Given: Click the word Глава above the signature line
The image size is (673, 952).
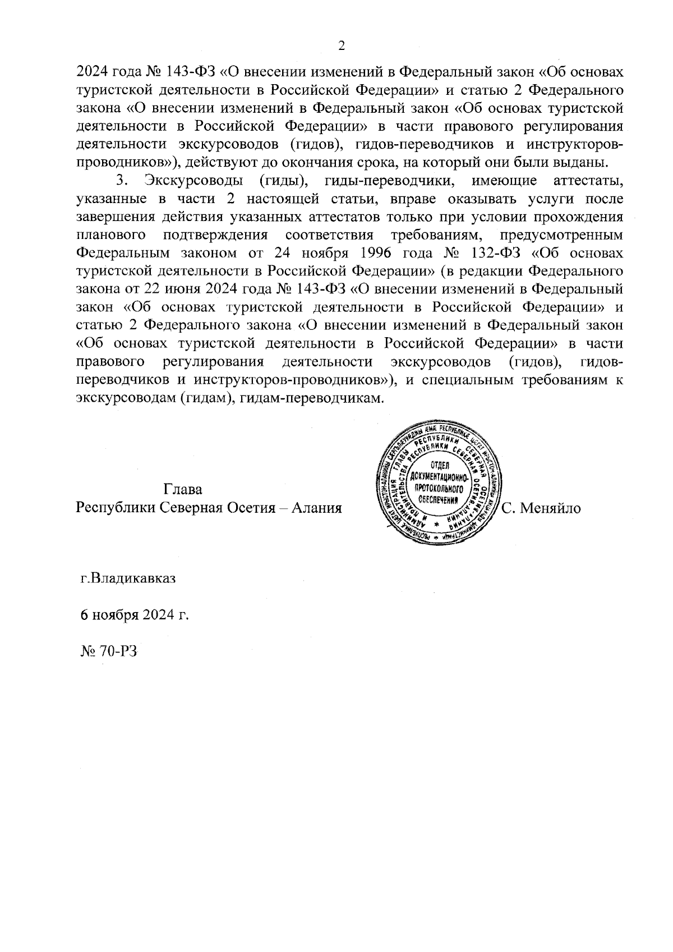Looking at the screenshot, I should point(183,489).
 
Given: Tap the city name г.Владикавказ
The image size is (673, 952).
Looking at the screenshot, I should point(128,578).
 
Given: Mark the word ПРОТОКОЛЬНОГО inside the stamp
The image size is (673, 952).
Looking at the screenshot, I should point(439,489).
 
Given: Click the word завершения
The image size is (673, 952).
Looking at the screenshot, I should point(112,217).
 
